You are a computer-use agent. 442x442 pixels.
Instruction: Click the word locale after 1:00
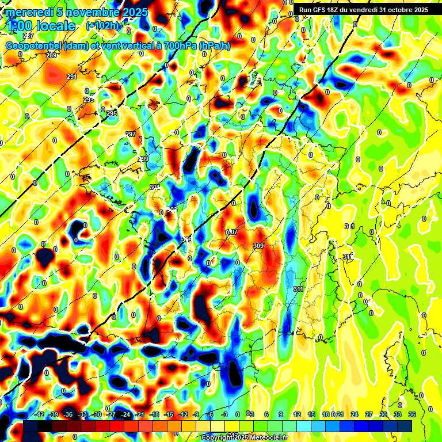point(55,26)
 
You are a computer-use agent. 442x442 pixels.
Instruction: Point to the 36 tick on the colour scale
point(412,414)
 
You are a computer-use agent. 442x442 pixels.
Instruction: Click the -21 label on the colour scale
point(139,414)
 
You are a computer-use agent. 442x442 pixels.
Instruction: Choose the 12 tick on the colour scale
point(297,414)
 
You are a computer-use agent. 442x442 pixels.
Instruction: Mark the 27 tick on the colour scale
point(369,414)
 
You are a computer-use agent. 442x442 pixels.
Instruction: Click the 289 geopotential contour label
point(51,55)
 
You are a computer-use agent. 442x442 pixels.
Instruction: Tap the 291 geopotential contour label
point(72,77)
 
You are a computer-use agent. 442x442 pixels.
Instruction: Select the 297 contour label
point(131,134)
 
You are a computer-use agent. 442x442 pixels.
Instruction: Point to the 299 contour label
point(143,159)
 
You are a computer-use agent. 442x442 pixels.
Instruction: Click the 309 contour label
point(258,246)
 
